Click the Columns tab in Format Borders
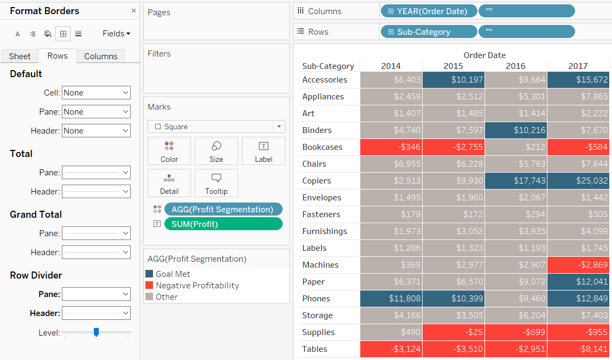(x=100, y=56)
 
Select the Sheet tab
(x=20, y=56)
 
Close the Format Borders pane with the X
(x=134, y=11)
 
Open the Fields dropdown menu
(x=116, y=34)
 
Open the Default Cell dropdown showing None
(x=96, y=93)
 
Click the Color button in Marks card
(x=169, y=150)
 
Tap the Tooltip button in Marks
(x=216, y=183)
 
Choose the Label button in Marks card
(x=263, y=150)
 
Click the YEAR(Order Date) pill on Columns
(x=429, y=11)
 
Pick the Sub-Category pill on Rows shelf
(x=429, y=32)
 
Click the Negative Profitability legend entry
(x=197, y=286)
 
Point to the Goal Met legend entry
(x=173, y=274)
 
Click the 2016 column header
(x=515, y=66)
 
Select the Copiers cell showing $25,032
(x=578, y=181)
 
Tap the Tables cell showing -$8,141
(x=578, y=349)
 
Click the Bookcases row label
(x=322, y=147)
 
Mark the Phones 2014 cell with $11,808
(x=391, y=299)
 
